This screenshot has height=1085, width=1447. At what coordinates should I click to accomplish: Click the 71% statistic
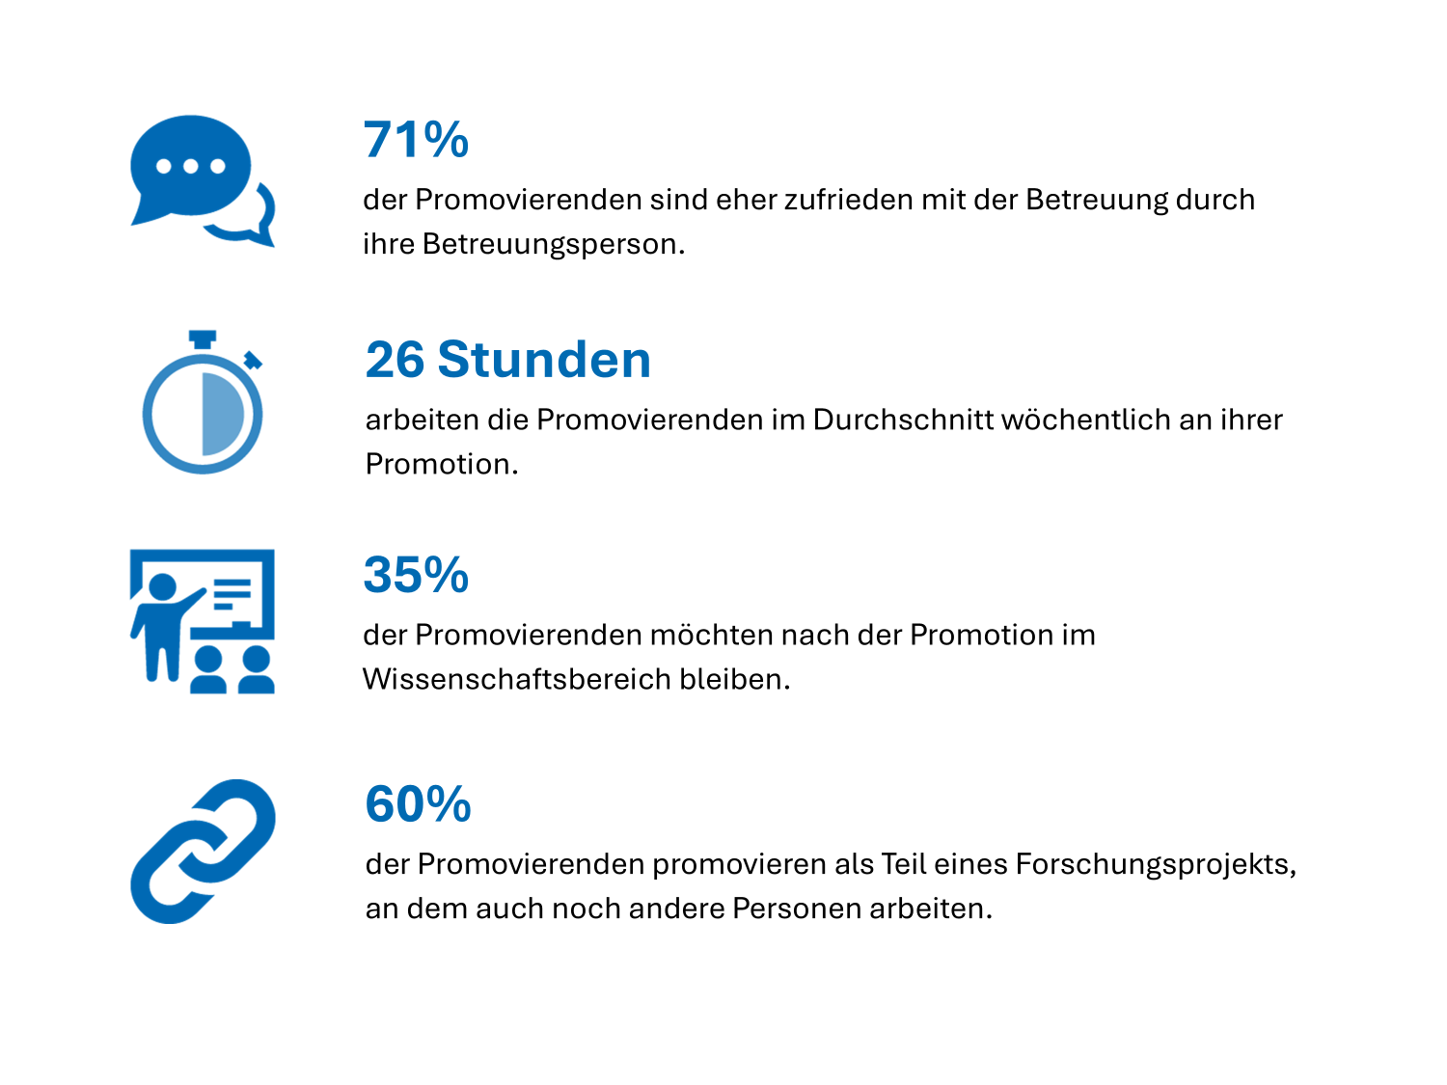[x=416, y=140]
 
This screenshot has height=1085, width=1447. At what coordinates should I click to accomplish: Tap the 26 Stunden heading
[x=508, y=360]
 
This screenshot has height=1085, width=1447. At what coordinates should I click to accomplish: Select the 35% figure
[x=416, y=575]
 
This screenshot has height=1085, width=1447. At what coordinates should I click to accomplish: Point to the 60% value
[x=419, y=803]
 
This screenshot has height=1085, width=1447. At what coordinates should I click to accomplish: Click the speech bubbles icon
[x=203, y=181]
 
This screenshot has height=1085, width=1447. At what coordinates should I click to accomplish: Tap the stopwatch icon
[x=203, y=402]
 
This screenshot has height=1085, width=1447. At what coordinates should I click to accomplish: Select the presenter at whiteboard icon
[x=203, y=621]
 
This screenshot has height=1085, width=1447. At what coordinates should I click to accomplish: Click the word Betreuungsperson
[x=554, y=245]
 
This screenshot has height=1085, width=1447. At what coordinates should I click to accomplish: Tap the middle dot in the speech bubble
[x=190, y=166]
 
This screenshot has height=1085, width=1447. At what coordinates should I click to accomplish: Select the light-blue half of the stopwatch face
[x=221, y=415]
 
